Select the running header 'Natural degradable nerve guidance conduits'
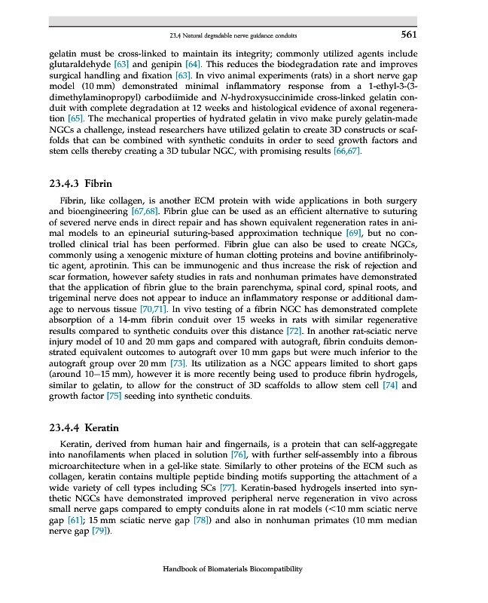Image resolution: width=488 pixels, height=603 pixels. click(246, 35)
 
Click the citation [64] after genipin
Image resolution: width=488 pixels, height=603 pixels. click(192, 65)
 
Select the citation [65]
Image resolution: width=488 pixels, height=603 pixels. click(75, 118)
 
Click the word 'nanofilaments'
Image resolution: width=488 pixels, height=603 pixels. click(94, 456)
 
